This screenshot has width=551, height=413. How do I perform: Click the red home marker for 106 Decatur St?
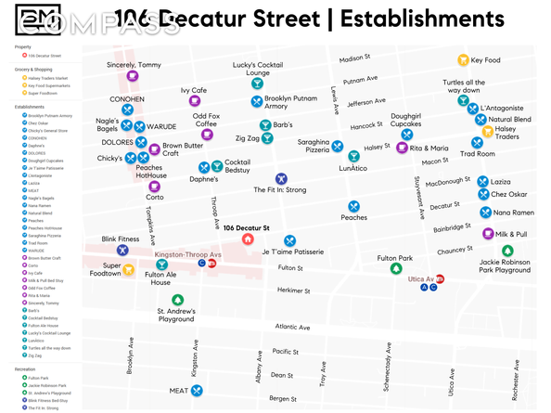pyautogui.click(x=249, y=239)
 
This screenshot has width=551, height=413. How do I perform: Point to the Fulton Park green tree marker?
pyautogui.click(x=395, y=269)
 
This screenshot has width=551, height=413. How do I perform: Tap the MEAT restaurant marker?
pyautogui.click(x=198, y=391)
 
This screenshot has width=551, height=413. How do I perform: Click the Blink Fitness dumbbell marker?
pyautogui.click(x=122, y=251)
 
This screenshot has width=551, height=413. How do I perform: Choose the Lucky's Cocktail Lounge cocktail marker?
pyautogui.click(x=257, y=84)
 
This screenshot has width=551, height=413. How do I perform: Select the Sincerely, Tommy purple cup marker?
pyautogui.click(x=133, y=77)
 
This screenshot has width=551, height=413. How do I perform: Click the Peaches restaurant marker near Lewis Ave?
pyautogui.click(x=353, y=206)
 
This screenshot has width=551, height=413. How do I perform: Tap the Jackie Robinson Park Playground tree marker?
pyautogui.click(x=506, y=251)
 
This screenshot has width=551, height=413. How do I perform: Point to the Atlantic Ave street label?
pyautogui.click(x=292, y=327)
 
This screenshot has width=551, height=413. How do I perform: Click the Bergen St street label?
pyautogui.click(x=283, y=398)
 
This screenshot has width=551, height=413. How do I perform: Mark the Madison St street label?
pyautogui.click(x=354, y=58)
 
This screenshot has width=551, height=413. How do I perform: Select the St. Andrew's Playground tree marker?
pyautogui.click(x=177, y=301)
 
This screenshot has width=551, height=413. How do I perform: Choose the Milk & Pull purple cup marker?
pyautogui.click(x=488, y=234)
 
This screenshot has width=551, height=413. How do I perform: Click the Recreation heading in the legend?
pyautogui.click(x=25, y=368)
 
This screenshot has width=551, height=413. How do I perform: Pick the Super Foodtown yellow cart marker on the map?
pyautogui.click(x=133, y=265)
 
